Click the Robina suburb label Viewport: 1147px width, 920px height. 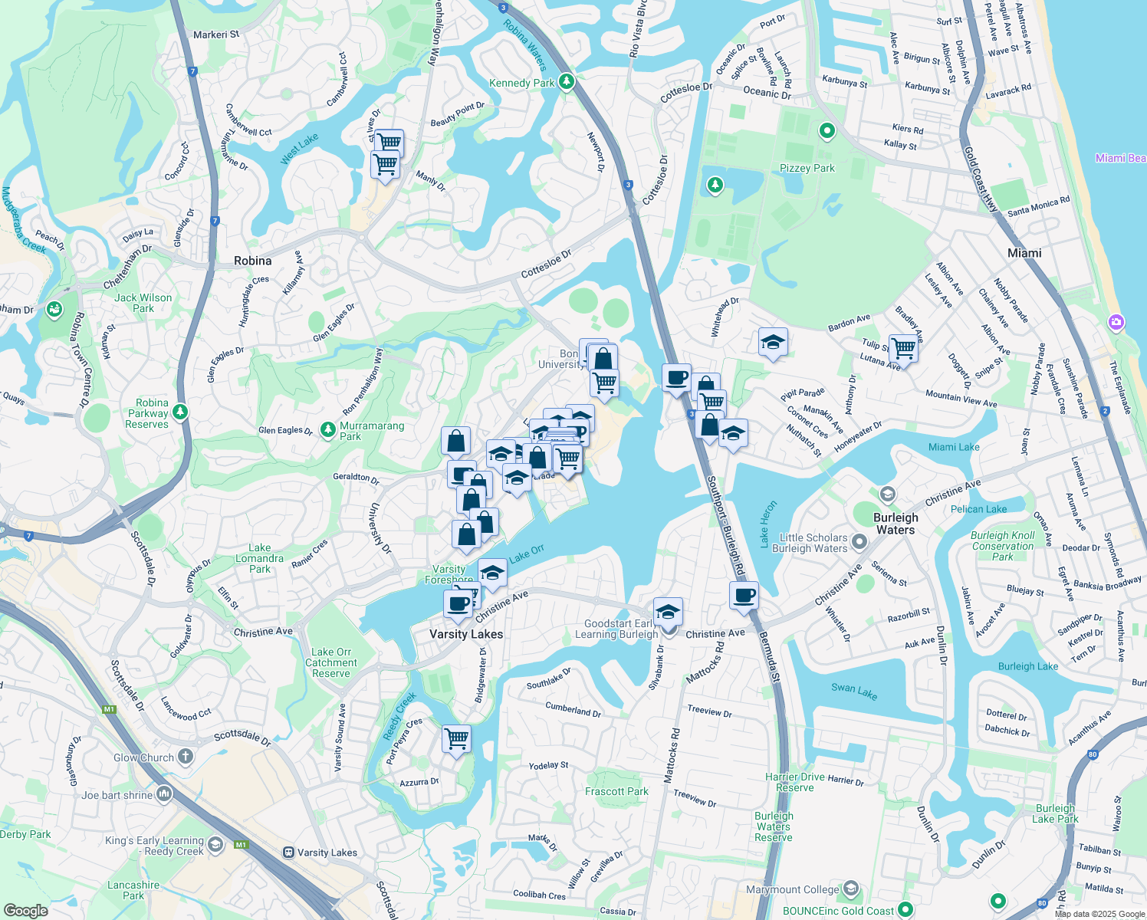252,261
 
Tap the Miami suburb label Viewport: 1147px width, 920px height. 1024,253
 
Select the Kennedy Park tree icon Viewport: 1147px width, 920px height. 567,81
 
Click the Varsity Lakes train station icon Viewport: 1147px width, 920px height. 288,853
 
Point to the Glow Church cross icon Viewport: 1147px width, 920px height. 185,757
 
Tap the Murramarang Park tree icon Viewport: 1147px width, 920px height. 327,429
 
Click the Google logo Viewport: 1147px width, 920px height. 25,911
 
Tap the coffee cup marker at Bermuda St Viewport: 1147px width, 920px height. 744,595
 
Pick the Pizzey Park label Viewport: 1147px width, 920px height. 807,168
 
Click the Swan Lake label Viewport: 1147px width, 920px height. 854,690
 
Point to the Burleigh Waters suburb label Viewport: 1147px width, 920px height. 896,524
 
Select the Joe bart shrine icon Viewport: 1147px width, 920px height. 164,793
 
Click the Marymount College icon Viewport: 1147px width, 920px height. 850,889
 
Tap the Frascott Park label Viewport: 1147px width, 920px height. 616,791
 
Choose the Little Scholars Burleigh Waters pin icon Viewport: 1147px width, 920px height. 859,542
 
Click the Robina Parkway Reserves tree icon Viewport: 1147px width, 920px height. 180,412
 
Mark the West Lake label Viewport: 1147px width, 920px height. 299,149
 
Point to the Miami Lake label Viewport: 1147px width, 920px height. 954,447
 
